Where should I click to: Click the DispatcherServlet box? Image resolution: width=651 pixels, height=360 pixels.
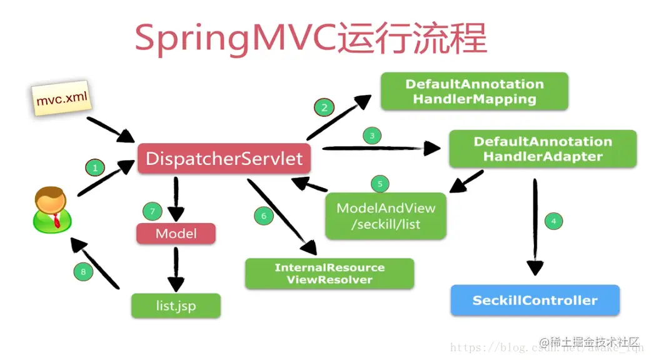pyautogui.click(x=224, y=159)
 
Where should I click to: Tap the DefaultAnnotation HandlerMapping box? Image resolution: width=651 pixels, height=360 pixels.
pyautogui.click(x=474, y=91)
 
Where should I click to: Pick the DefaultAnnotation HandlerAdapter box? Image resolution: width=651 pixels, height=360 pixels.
pyautogui.click(x=542, y=149)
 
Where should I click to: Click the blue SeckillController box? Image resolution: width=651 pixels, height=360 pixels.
pyautogui.click(x=535, y=301)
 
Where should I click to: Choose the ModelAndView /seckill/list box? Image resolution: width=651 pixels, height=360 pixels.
pyautogui.click(x=386, y=216)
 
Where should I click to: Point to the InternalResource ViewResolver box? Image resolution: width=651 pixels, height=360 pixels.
pyautogui.click(x=329, y=274)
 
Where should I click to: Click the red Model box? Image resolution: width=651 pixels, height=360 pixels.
pyautogui.click(x=176, y=234)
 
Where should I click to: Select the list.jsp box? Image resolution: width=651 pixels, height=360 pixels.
pyautogui.click(x=176, y=306)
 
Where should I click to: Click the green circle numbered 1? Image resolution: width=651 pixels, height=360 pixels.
pyautogui.click(x=95, y=167)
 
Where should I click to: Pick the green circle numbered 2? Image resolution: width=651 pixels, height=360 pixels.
pyautogui.click(x=324, y=107)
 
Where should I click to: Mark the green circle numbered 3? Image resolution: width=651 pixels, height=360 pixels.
pyautogui.click(x=372, y=135)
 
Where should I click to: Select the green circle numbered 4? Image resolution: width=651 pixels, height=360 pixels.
pyautogui.click(x=553, y=221)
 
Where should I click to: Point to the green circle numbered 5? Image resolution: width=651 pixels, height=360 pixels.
pyautogui.click(x=380, y=184)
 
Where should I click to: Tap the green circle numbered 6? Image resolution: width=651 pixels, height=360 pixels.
pyautogui.click(x=263, y=216)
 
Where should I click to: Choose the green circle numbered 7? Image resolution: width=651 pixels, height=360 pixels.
pyautogui.click(x=152, y=211)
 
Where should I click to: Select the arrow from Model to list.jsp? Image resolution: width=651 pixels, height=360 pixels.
pyautogui.click(x=176, y=267)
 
